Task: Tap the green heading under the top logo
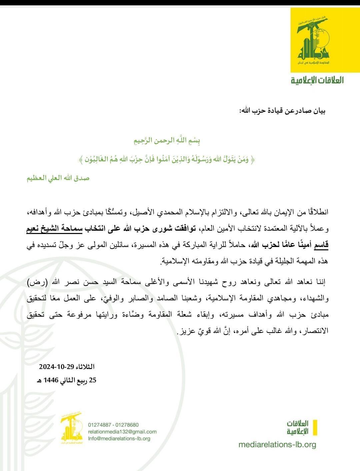(x=317, y=80)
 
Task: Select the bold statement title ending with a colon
(x=282, y=111)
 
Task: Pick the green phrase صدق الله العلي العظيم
(x=58, y=178)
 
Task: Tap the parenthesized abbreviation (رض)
(x=319, y=282)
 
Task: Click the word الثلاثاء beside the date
(x=86, y=367)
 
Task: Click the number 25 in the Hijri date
(x=92, y=380)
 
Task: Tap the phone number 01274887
(x=99, y=425)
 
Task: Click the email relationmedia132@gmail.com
(x=122, y=432)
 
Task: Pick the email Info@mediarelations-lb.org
(x=119, y=438)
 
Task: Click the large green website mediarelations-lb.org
(x=277, y=445)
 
